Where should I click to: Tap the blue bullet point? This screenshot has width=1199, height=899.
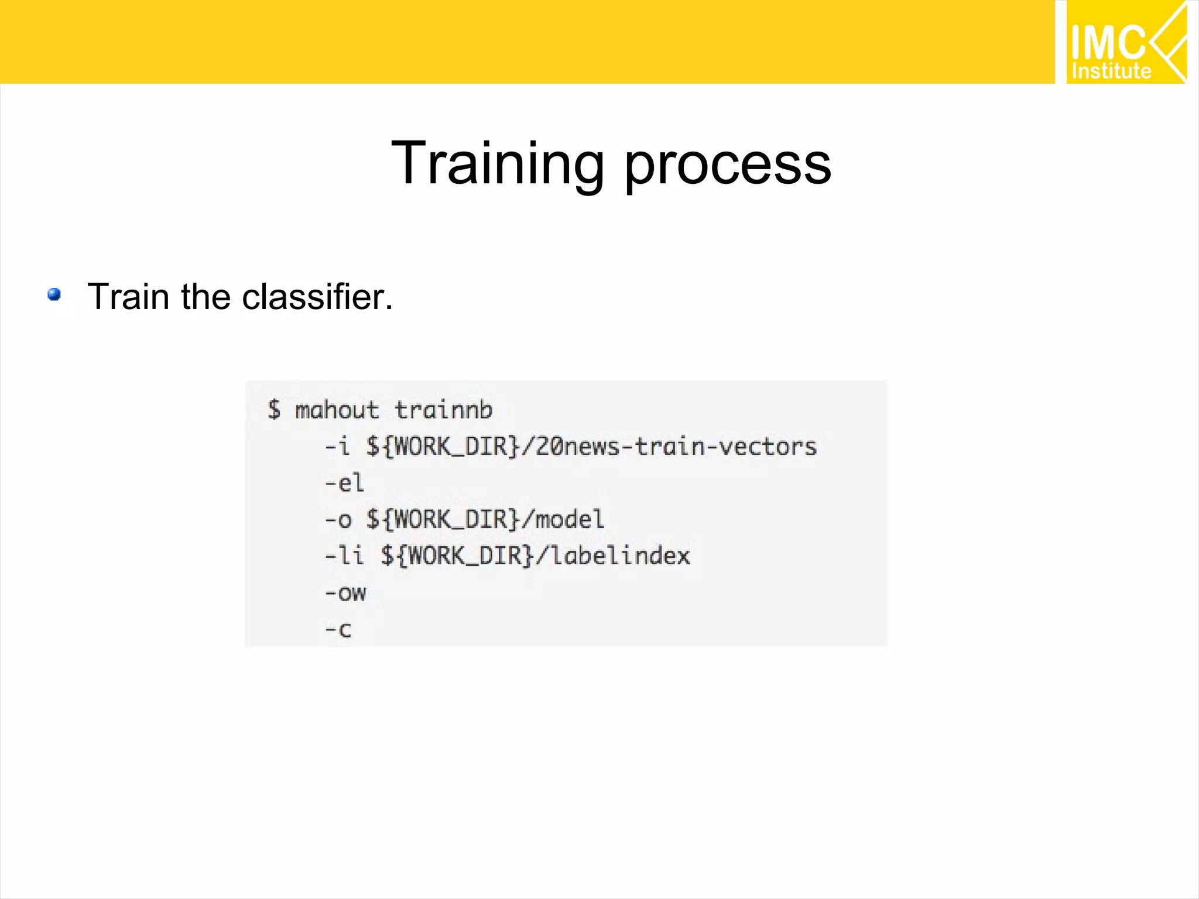54,294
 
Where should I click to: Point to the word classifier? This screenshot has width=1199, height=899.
317,296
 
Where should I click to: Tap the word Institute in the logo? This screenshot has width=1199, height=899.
1111,71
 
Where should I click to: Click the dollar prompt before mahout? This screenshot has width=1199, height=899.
274,409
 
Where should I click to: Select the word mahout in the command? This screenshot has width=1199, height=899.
337,410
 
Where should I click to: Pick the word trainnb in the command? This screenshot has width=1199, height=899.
443,410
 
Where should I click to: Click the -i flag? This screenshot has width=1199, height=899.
337,447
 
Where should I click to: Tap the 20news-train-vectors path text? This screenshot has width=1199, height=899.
676,447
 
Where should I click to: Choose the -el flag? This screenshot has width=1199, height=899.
345,483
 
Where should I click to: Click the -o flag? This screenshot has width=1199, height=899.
338,520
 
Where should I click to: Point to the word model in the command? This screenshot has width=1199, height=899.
570,520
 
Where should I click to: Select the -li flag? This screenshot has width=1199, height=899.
344,555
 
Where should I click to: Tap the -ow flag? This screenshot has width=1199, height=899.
345,593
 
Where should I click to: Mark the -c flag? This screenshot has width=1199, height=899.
338,630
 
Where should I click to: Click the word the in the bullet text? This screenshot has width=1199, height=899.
207,296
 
